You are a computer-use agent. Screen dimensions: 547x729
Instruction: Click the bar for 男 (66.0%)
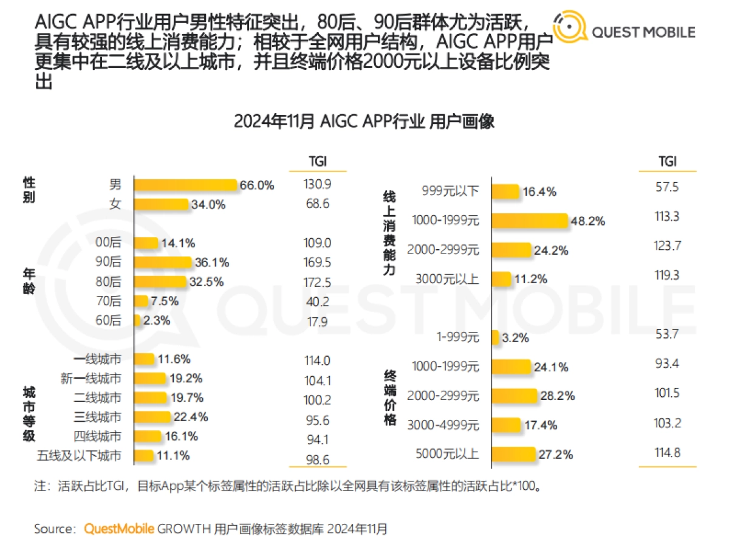185,185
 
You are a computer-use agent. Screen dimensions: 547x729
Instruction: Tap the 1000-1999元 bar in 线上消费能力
529,221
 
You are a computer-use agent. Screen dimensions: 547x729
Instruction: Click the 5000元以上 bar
513,454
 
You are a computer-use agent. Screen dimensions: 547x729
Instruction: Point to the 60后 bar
137,320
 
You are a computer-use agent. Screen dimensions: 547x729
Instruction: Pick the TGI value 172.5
317,282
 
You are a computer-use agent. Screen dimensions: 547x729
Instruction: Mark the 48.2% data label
587,222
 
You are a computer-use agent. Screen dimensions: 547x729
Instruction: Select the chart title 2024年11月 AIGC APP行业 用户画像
364,121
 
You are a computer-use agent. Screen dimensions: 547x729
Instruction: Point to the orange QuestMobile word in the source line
119,529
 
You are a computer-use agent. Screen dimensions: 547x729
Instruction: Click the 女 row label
115,205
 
